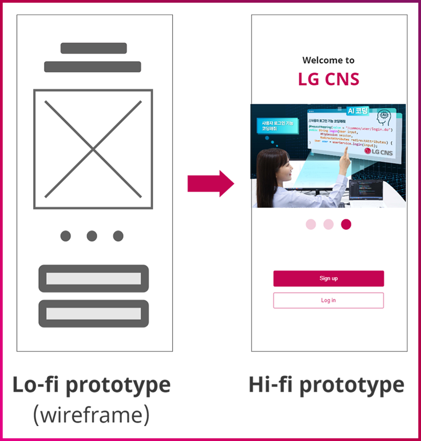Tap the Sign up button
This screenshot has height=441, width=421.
[x=328, y=278]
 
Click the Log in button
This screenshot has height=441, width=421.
[x=328, y=300]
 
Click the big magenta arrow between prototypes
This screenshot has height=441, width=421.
[x=210, y=184]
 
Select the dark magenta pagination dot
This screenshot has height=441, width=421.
[x=346, y=224]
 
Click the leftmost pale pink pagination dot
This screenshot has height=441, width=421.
[x=311, y=224]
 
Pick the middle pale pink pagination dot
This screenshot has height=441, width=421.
[x=328, y=224]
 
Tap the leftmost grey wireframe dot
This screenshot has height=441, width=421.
[x=65, y=236]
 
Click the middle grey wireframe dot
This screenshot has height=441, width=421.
[x=92, y=236]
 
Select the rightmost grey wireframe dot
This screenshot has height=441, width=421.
[x=118, y=236]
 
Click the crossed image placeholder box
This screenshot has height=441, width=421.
[x=93, y=149]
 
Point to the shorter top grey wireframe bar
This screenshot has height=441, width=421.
[x=94, y=48]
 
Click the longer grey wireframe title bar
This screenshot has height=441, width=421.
[x=93, y=67]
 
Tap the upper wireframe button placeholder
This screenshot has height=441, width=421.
[x=93, y=278]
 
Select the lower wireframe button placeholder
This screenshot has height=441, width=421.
[x=93, y=314]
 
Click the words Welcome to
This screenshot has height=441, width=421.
[x=328, y=60]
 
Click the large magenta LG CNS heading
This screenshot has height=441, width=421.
[x=328, y=79]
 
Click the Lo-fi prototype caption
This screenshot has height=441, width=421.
[x=91, y=385]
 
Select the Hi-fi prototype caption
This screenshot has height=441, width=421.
[x=326, y=385]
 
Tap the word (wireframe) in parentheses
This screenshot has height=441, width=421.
[x=91, y=415]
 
